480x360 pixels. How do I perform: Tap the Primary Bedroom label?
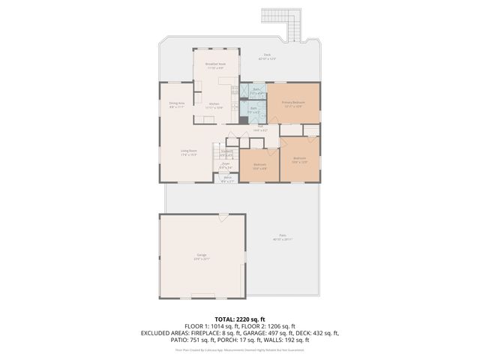292,103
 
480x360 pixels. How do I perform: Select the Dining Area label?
176,104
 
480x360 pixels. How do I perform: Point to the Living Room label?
188,152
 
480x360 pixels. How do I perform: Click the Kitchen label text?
214,105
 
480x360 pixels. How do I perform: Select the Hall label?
260,129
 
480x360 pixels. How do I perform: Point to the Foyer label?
226,164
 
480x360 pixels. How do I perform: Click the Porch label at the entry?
227,178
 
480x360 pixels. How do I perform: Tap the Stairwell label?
226,153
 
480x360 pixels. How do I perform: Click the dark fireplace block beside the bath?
244,119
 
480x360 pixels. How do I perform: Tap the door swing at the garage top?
223,217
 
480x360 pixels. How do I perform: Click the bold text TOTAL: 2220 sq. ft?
240,319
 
